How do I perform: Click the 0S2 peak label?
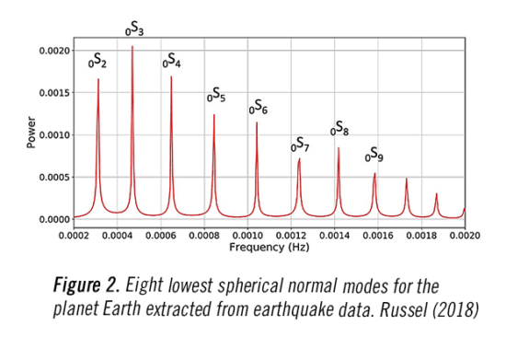coord(98,64)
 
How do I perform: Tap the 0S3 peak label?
coord(134,30)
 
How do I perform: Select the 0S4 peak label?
coord(172,62)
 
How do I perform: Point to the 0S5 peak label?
coord(215,95)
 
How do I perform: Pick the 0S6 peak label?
coord(258,108)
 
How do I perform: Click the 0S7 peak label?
coord(300,144)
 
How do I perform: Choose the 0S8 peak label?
coord(339,130)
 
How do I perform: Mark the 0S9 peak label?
coord(374,154)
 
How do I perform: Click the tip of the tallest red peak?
coord(132,46)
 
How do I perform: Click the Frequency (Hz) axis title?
coord(270,248)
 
